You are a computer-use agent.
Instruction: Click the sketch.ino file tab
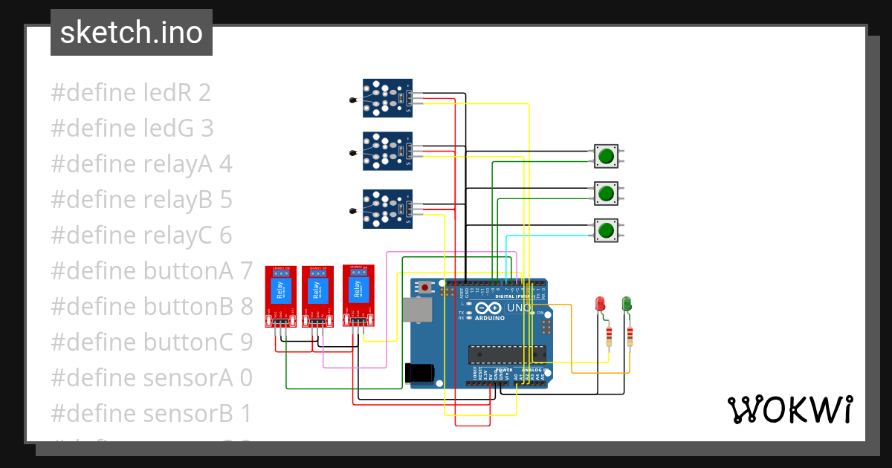pyautogui.click(x=132, y=33)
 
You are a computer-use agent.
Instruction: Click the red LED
pyautogui.click(x=601, y=304)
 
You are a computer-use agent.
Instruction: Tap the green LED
pyautogui.click(x=627, y=304)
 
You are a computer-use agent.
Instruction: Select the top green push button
pyautogui.click(x=606, y=156)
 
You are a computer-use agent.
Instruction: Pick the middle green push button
pyautogui.click(x=606, y=194)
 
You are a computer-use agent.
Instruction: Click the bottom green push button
pyautogui.click(x=606, y=230)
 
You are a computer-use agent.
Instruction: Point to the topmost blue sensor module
pyautogui.click(x=387, y=98)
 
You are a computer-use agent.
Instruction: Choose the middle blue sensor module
pyautogui.click(x=387, y=151)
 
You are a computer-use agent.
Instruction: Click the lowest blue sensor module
pyautogui.click(x=387, y=209)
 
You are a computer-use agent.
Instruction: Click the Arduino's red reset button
pyautogui.click(x=424, y=287)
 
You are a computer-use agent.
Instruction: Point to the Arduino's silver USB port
pyautogui.click(x=417, y=309)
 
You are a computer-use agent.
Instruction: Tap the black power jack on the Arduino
pyautogui.click(x=418, y=374)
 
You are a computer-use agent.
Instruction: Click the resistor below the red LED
pyautogui.click(x=610, y=337)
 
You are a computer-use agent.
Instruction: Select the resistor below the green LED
pyautogui.click(x=630, y=337)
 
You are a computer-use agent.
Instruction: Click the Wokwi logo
pyautogui.click(x=789, y=409)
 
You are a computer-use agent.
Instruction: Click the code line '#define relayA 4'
pyautogui.click(x=141, y=164)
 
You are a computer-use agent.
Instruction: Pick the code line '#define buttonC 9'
pyautogui.click(x=152, y=342)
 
